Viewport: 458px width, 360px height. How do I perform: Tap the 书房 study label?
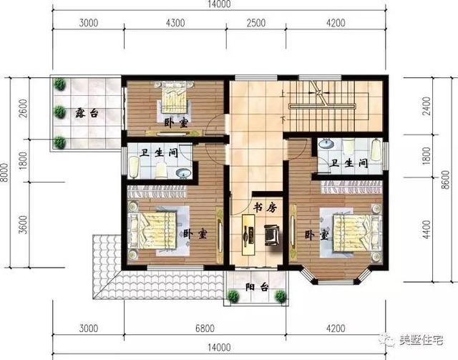[264, 208]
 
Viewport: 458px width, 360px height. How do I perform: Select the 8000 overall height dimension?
[6, 172]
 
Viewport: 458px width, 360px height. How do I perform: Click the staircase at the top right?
[333, 104]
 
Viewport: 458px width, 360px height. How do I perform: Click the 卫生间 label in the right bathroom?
[348, 163]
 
